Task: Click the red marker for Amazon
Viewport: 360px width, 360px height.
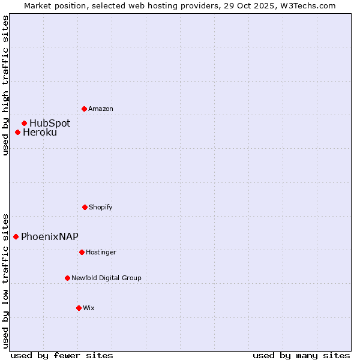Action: (84, 109)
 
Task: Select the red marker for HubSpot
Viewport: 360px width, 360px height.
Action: (25, 123)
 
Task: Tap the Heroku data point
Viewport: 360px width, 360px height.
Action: (18, 132)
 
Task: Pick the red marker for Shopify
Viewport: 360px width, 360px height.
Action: (85, 207)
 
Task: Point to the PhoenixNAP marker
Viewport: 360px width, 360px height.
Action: (16, 236)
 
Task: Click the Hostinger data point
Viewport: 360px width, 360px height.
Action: (82, 252)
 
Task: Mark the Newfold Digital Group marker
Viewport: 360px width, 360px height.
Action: (67, 278)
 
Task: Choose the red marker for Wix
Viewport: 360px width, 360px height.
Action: (79, 308)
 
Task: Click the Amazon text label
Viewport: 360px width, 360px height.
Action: (101, 109)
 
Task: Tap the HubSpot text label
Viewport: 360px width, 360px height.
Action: (50, 123)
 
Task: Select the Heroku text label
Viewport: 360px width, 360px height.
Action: (40, 132)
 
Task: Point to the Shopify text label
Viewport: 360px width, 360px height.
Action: (101, 207)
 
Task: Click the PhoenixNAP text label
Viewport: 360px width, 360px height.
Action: (50, 236)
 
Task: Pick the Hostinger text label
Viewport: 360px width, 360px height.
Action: (101, 252)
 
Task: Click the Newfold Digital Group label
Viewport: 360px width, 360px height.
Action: (107, 278)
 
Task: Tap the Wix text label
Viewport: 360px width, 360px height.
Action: (89, 308)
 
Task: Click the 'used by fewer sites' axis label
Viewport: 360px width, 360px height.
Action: (62, 355)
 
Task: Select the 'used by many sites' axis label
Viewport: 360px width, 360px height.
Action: (301, 355)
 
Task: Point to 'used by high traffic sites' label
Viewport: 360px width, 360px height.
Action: (5, 85)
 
